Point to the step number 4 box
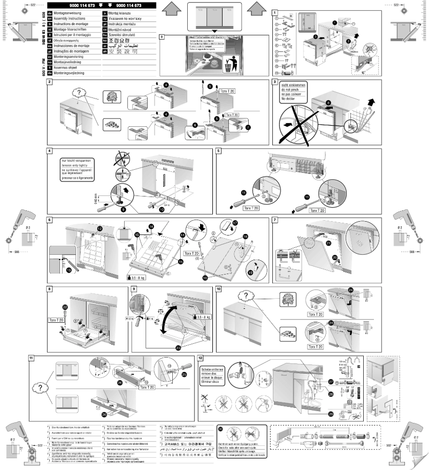(x=49, y=151)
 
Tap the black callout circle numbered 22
(x=65, y=306)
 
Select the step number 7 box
(x=275, y=220)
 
